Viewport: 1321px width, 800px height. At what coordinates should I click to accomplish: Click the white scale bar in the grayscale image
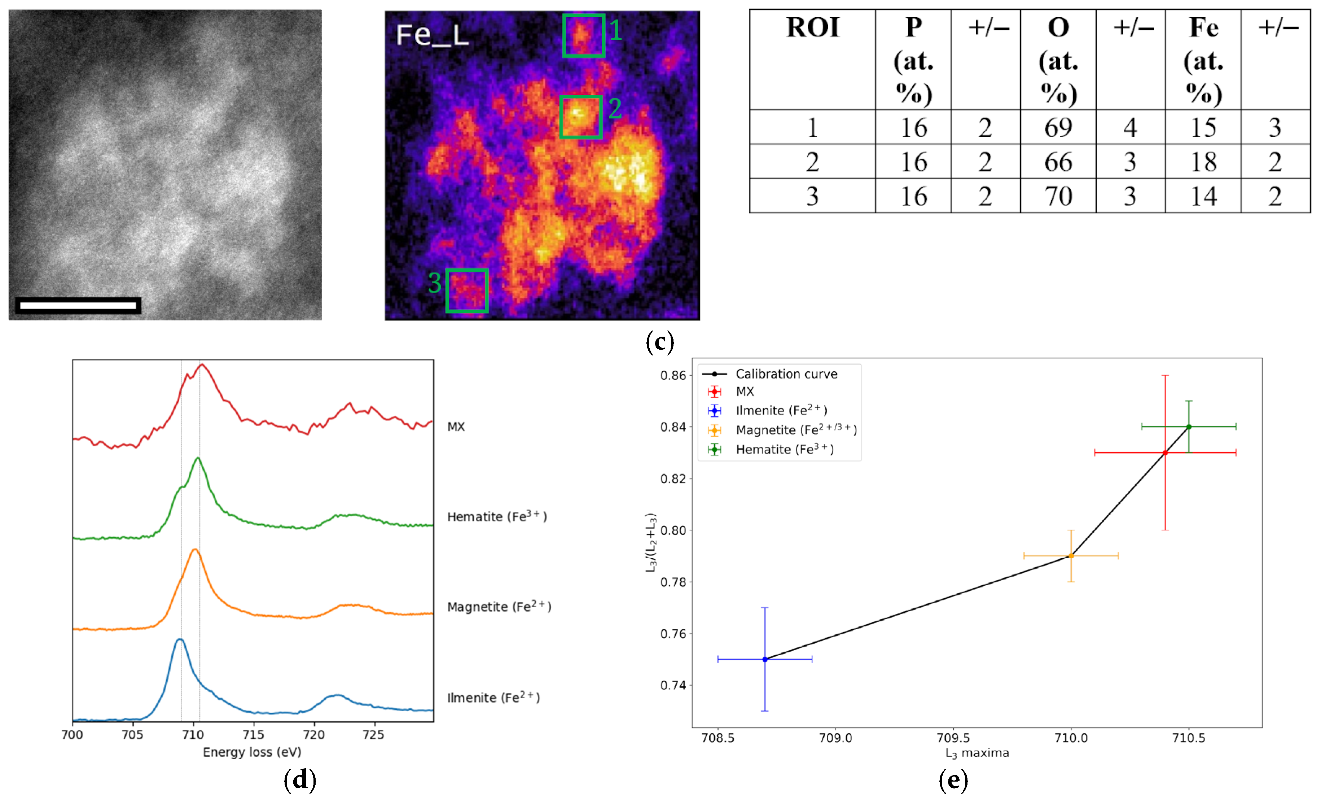(78, 306)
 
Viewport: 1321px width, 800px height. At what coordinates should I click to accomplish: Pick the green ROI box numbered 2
(581, 117)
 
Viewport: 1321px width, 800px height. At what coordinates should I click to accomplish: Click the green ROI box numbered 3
(466, 290)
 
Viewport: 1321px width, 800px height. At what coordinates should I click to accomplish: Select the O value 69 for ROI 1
(1058, 128)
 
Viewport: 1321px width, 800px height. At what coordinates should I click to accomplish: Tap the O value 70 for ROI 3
(1058, 196)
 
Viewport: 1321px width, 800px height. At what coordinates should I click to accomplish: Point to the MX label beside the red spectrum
(456, 427)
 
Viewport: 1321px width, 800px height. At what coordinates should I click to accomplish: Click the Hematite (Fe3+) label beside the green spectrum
(496, 516)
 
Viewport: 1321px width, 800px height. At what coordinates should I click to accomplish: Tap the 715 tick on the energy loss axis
(253, 735)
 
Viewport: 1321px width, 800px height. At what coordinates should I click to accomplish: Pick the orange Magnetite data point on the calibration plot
(1071, 555)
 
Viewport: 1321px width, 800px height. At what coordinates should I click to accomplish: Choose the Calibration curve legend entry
(786, 374)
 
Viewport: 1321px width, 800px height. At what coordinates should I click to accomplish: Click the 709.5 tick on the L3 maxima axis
(953, 738)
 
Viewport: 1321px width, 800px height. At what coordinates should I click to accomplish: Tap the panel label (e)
(953, 780)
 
